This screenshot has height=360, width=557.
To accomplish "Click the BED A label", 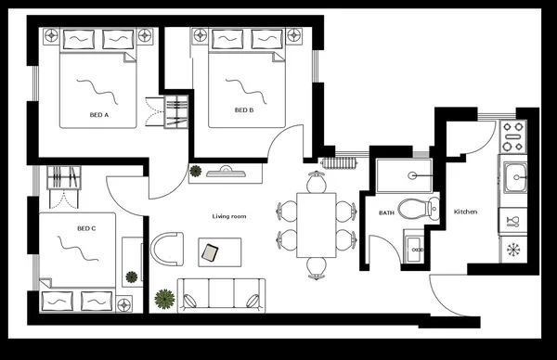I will (98, 115).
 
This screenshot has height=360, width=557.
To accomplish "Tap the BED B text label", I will (243, 110).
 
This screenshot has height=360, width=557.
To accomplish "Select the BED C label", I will (86, 227).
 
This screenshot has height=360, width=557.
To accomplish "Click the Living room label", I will (228, 216).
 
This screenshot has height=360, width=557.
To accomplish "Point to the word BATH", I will (386, 213).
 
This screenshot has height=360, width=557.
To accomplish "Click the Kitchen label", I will (465, 212).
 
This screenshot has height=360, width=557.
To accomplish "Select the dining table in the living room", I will (317, 225).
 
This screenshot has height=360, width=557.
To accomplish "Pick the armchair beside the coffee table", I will (166, 250).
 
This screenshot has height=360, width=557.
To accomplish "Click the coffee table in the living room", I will (219, 251).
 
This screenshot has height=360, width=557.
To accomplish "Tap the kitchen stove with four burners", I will (512, 137).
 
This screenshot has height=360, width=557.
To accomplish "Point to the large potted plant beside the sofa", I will (165, 298).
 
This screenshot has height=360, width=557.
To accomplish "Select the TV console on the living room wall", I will (226, 172).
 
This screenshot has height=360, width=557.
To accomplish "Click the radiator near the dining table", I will (338, 163).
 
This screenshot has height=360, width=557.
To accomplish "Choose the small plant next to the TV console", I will (196, 171).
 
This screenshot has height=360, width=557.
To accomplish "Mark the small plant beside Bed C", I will (131, 276).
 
